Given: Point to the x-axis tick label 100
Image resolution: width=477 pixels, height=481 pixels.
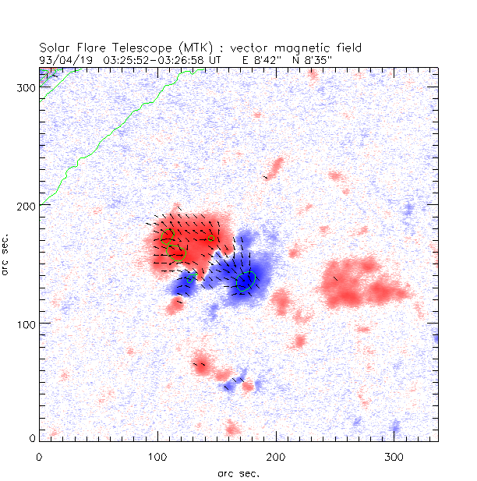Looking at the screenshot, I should pyautogui.click(x=158, y=455).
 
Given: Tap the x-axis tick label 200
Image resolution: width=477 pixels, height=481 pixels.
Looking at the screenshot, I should pyautogui.click(x=277, y=455).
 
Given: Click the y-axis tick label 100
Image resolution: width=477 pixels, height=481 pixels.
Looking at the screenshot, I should pyautogui.click(x=26, y=323).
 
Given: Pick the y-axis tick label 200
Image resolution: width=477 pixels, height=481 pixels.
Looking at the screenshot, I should pyautogui.click(x=26, y=205).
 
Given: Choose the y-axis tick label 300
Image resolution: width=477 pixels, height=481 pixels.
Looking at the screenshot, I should pyautogui.click(x=26, y=87).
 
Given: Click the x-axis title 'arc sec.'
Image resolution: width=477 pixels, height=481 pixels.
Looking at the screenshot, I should pyautogui.click(x=238, y=472).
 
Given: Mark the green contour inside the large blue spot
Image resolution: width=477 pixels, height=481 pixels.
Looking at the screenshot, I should pyautogui.click(x=246, y=281).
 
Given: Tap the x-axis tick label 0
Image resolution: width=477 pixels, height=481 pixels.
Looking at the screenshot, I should pyautogui.click(x=40, y=455).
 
